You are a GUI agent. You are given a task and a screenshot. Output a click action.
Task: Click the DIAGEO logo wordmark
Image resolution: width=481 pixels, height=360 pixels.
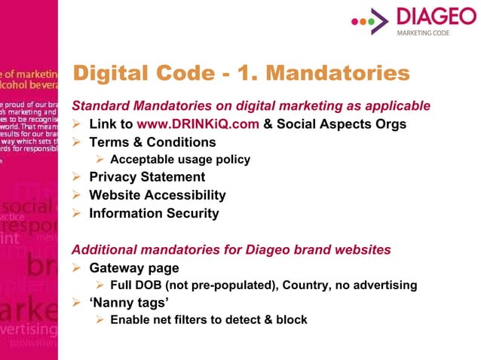pos(433,18)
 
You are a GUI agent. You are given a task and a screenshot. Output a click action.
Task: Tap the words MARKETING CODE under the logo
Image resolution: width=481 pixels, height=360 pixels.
pos(423,33)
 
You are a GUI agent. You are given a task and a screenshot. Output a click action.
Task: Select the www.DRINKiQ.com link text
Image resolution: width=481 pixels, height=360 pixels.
pos(198,124)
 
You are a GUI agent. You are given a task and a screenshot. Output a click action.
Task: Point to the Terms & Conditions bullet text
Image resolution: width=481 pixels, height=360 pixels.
pos(152,142)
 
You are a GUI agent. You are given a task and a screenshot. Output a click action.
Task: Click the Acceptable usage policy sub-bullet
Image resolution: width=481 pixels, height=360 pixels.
pos(179,160)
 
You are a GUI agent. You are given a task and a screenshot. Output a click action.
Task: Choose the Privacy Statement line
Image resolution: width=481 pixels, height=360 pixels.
pos(146,178)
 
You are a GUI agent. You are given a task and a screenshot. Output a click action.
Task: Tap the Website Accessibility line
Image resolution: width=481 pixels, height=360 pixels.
pos(157,196)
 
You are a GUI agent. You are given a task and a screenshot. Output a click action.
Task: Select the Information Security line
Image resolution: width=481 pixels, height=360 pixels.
pos(154,213)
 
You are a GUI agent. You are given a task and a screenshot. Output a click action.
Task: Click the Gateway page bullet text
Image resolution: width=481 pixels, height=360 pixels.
pos(134,268)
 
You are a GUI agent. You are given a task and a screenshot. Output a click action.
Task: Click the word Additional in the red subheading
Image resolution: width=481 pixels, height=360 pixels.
pos(103,249)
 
